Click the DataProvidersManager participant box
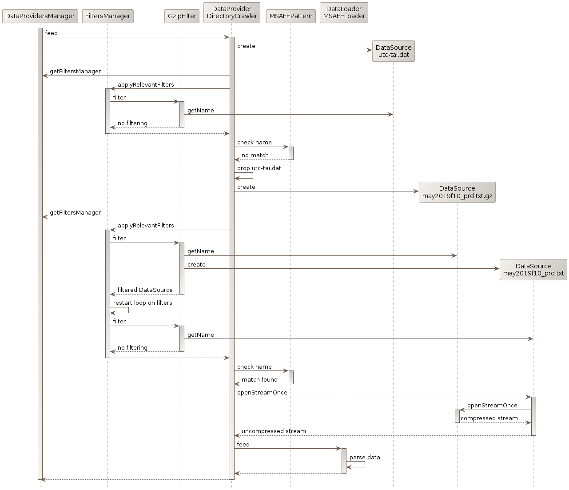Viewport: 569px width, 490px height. tap(40, 16)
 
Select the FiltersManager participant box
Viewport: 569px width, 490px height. tap(107, 16)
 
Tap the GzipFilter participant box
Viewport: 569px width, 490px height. tap(182, 16)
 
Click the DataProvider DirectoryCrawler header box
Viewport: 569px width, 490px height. tap(232, 12)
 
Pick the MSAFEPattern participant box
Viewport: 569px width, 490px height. tap(291, 16)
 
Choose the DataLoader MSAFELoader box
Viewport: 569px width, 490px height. tap(344, 12)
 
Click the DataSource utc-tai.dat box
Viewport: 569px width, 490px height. tap(393, 51)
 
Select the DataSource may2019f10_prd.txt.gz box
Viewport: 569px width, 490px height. tap(457, 192)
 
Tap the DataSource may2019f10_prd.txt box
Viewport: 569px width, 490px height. tap(533, 270)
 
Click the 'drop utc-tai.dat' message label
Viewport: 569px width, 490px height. tap(259, 168)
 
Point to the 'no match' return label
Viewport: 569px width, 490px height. tap(255, 155)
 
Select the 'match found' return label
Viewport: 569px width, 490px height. tap(259, 379)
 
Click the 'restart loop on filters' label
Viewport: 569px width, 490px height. tap(143, 303)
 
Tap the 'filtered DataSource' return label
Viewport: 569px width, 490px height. tap(145, 290)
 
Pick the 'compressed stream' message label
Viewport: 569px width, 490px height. tap(489, 418)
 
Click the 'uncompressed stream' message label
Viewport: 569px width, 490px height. tap(274, 431)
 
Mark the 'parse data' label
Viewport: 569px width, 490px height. tap(365, 457)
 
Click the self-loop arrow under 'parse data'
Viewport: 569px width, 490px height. tap(360, 464)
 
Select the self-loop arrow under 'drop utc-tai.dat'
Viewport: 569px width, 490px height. tap(248, 175)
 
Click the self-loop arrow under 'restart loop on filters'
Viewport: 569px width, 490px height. tap(123, 310)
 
